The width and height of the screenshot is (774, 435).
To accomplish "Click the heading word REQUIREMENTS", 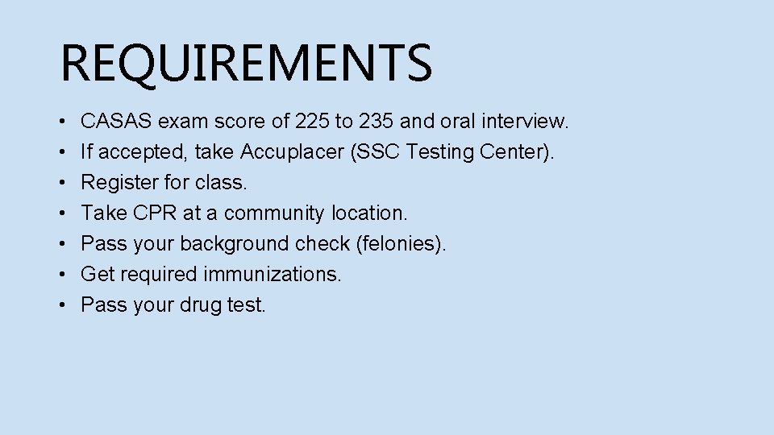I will click(246, 63).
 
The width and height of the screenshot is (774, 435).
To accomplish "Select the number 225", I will click(312, 122).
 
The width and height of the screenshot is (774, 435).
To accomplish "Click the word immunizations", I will click(273, 275).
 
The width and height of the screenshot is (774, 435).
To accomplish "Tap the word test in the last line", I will click(248, 305).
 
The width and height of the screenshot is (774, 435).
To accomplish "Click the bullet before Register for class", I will click(63, 184).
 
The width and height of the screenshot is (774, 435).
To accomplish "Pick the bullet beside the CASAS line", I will click(63, 122).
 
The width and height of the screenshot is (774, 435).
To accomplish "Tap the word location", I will click(374, 213).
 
